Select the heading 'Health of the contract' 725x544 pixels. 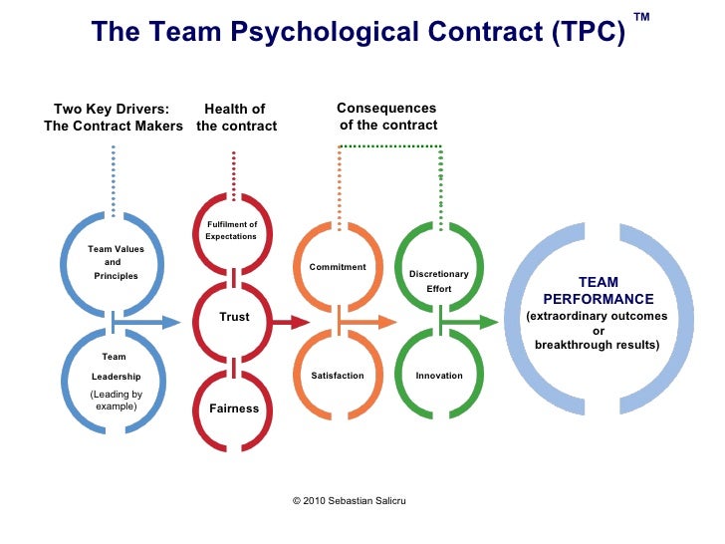click(236, 118)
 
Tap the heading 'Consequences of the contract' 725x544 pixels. click(387, 117)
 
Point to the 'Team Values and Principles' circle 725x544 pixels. click(115, 262)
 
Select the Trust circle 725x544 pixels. click(233, 318)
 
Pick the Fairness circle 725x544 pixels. click(233, 408)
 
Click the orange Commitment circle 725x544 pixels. click(339, 267)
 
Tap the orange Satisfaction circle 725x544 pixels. click(339, 376)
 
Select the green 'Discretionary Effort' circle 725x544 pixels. click(439, 279)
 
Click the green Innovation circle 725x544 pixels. click(439, 376)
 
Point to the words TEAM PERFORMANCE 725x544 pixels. click(598, 291)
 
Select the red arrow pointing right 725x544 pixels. click(290, 322)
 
